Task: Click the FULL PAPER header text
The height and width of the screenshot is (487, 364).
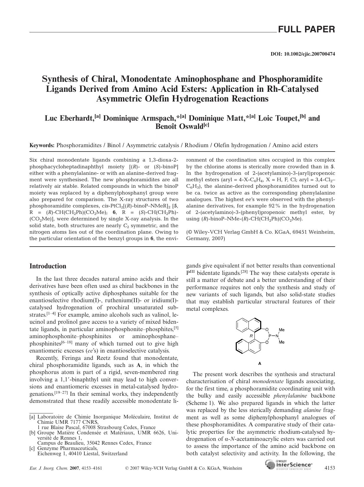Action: [x=306, y=29]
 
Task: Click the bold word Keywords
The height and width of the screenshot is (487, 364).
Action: [x=42, y=145]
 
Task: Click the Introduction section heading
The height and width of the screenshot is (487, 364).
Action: [x=48, y=266]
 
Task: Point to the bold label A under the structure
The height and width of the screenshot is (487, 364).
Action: [x=259, y=363]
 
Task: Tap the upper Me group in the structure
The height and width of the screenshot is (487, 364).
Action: [x=282, y=330]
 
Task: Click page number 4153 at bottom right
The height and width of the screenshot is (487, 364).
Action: [x=329, y=468]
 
